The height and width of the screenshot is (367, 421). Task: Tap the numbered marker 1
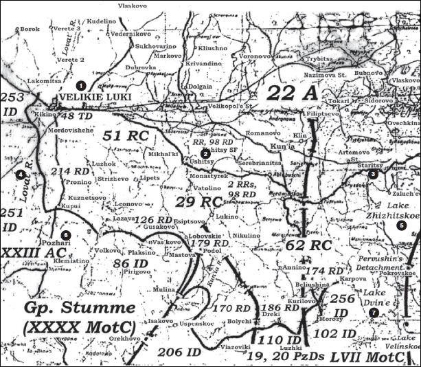(81, 85)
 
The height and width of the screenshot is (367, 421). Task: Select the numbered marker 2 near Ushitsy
(204, 153)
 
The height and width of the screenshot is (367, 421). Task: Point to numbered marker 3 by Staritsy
(372, 175)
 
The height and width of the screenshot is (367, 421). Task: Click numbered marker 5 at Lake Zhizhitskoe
(401, 225)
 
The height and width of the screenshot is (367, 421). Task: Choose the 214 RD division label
(71, 170)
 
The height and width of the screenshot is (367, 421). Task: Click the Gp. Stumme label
(71, 307)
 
